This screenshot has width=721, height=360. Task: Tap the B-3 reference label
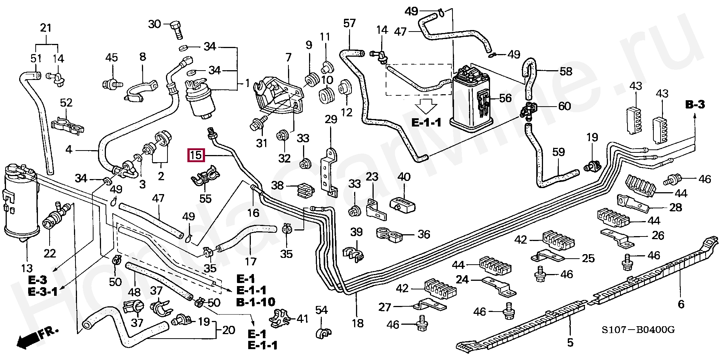(695, 105)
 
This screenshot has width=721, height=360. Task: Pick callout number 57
(349, 24)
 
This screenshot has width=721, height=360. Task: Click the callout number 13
(27, 269)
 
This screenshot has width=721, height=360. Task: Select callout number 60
(564, 106)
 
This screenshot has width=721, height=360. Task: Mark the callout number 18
(358, 323)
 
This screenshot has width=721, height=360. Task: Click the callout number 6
(680, 304)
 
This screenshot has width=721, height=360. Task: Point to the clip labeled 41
(281, 318)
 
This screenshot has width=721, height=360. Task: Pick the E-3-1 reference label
(42, 291)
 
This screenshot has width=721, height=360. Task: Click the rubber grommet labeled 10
(326, 95)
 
